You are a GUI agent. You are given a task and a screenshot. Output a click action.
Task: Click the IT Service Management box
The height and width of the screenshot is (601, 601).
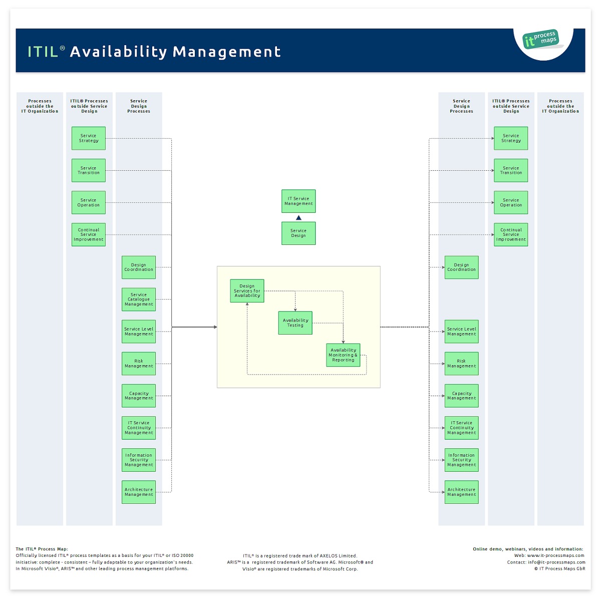tap(298, 201)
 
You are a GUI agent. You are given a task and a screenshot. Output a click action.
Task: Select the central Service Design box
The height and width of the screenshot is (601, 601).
tap(298, 233)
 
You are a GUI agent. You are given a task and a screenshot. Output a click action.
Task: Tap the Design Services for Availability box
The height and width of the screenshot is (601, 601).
tap(247, 290)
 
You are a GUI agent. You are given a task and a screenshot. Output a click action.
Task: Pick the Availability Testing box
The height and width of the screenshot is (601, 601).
tap(295, 323)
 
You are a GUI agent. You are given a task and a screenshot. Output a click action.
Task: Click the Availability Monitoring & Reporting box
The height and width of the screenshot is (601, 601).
tap(343, 355)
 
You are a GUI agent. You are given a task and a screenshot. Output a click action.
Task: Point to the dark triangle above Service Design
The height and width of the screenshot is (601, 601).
tap(298, 217)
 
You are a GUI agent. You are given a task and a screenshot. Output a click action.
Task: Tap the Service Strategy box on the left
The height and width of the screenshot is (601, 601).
tap(88, 138)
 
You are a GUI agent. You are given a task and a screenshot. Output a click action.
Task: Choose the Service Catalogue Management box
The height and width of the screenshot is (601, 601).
tap(138, 299)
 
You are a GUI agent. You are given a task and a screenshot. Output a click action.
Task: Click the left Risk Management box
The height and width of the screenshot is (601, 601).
tap(138, 363)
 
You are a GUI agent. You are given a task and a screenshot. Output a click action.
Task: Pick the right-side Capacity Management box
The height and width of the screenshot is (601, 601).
tap(461, 396)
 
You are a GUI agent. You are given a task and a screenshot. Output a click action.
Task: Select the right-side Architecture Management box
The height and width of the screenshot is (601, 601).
tap(461, 492)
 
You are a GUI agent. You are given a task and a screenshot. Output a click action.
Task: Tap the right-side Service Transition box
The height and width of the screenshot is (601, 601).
tap(510, 170)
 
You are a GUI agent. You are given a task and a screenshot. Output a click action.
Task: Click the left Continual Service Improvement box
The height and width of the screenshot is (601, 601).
tap(88, 234)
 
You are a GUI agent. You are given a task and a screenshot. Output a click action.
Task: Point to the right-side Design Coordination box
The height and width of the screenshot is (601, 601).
tap(461, 267)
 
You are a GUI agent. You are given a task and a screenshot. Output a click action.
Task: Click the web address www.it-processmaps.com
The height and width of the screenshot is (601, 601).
tap(555, 555)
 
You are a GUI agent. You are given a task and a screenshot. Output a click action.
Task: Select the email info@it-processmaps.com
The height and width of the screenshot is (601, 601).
tap(556, 562)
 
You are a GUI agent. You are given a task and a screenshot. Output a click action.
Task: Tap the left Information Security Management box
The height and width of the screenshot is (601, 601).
tap(138, 460)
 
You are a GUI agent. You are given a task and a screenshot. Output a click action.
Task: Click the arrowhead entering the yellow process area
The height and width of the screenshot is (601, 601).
tap(215, 327)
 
